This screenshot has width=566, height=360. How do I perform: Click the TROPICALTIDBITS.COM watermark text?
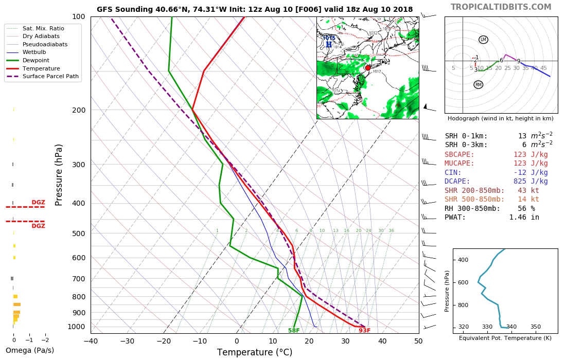coord(501,7)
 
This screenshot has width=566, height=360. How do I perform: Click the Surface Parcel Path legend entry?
coord(43,76)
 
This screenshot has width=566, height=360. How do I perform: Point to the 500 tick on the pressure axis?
coord(78,233)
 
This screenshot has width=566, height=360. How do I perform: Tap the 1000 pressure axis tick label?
coord(76,327)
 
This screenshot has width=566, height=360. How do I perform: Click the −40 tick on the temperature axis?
coord(91,340)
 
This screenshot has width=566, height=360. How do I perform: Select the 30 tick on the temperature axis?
coord(346,340)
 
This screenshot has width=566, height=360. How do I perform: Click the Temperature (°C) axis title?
coord(254,352)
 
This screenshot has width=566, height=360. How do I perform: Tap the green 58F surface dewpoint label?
coord(294,331)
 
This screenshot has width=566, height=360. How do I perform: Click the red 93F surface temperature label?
coord(364,331)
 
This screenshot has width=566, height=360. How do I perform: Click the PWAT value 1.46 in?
coord(524,217)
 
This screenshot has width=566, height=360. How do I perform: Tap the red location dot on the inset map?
coord(367,68)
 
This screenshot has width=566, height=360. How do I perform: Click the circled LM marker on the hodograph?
coord(483,40)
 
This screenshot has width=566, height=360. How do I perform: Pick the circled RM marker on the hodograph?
coord(479,84)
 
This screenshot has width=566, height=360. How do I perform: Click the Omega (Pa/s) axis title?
coord(29,350)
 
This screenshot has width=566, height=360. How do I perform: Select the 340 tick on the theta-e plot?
coord(511,327)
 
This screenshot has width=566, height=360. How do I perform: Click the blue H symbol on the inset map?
coord(328,45)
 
